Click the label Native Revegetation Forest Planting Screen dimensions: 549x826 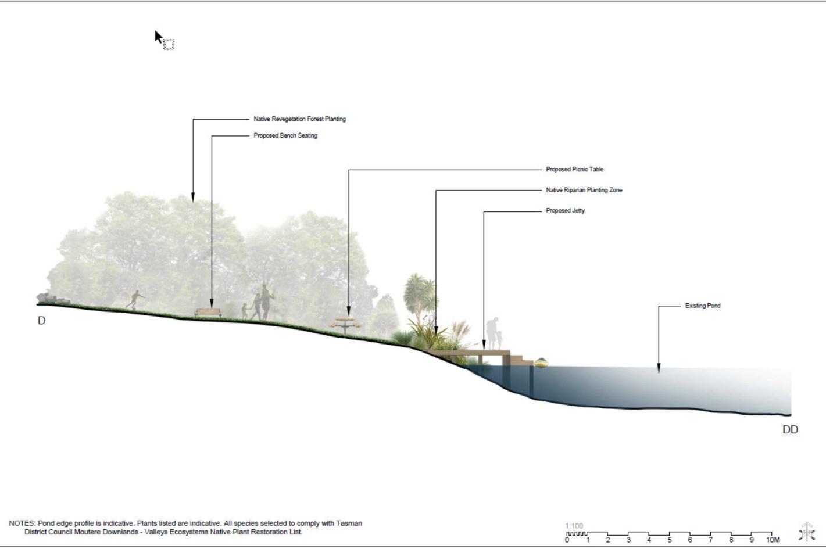point(299,119)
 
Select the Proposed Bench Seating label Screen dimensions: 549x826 point(285,136)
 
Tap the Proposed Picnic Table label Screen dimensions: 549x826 point(574,170)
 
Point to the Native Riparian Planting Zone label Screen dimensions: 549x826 point(584,190)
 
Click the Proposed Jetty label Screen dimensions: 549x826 point(565,211)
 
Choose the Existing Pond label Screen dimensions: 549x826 point(702,306)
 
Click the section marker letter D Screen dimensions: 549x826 point(41,321)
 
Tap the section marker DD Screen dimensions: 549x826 point(790,430)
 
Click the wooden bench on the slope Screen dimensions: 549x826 point(208,313)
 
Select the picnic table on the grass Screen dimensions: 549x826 point(345,325)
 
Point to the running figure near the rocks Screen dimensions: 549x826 point(135,300)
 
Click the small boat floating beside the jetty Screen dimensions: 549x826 point(541,363)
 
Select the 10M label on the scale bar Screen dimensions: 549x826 point(773,540)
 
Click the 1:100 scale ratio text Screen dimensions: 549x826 point(574,526)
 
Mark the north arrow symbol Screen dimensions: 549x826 point(806,532)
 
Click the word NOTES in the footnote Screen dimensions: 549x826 point(22,523)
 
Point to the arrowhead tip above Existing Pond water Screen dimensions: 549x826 point(659,370)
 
